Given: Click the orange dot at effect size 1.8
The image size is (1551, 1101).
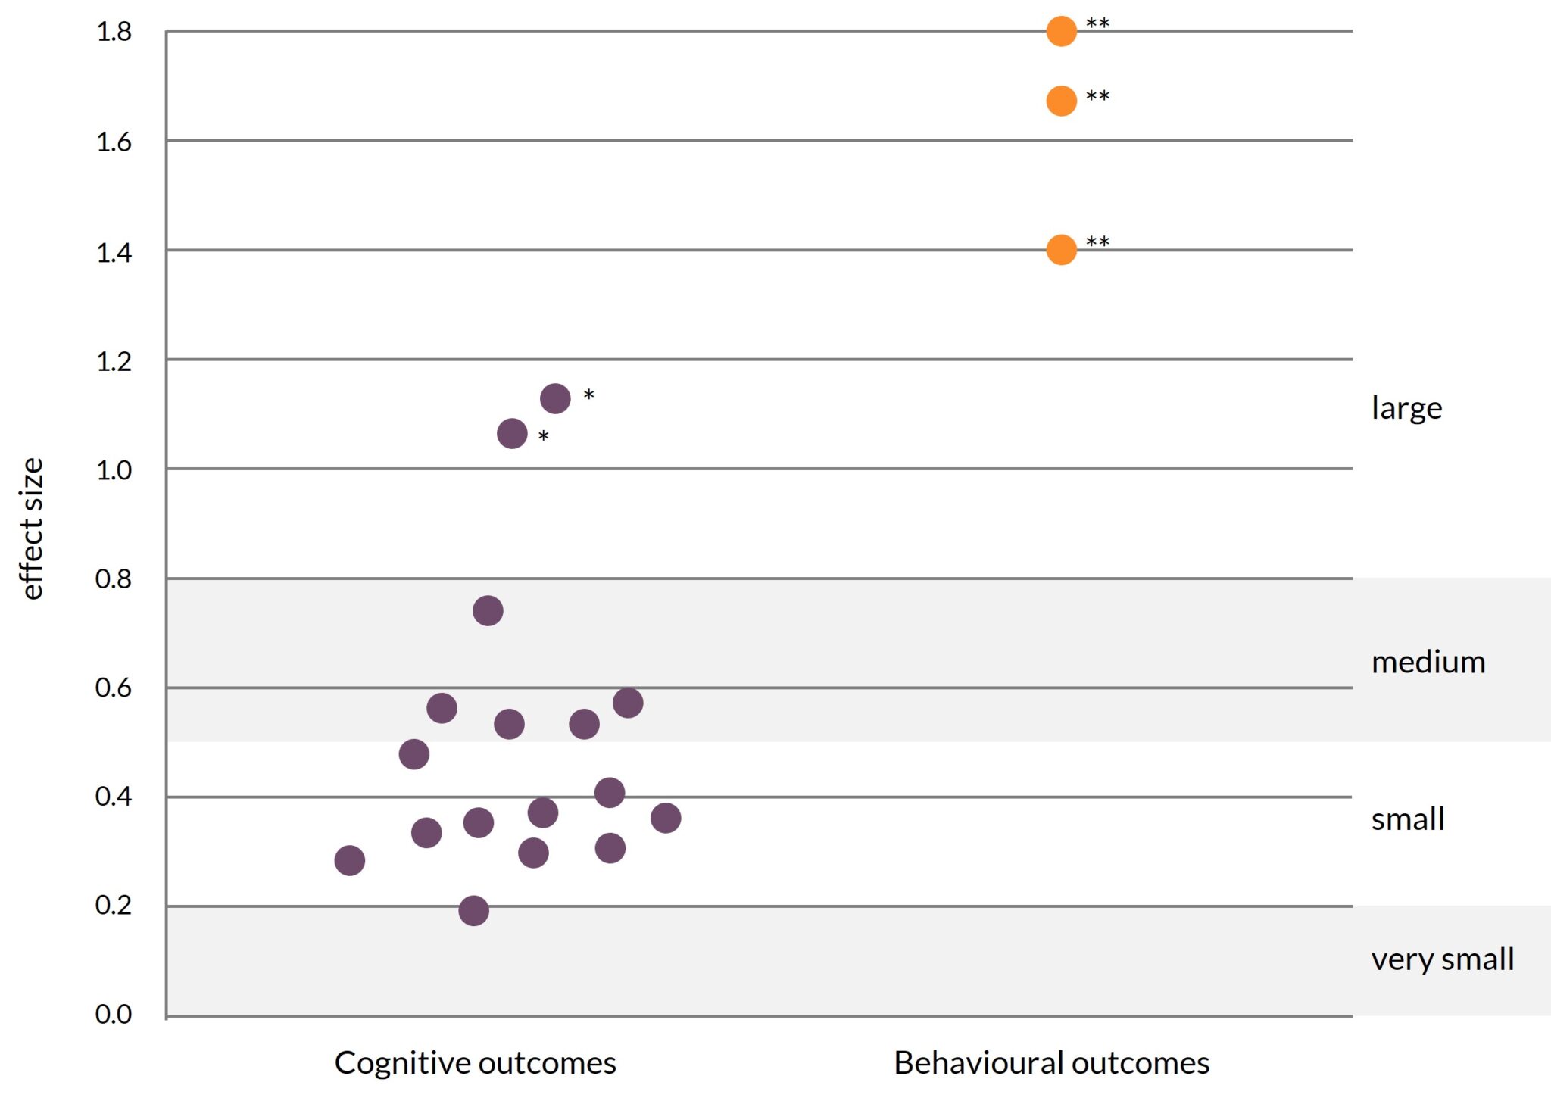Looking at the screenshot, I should coord(1061,31).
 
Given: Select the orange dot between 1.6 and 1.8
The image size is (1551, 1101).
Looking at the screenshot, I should coord(1061,101).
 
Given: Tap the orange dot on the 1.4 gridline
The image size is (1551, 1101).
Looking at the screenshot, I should coord(1061,250).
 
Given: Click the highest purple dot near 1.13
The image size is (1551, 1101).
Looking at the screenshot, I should coord(555,398).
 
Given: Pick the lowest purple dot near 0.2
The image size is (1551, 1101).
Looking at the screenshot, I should coord(473,910).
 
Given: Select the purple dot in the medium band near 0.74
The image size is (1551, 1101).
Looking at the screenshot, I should coord(488,610).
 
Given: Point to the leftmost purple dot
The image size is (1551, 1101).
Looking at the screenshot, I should coord(349,860).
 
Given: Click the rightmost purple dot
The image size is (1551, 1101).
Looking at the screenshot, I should coord(666,818).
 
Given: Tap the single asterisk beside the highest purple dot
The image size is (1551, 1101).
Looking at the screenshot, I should coord(588,395).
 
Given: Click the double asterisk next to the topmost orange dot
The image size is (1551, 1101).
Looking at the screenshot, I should coord(1097,24).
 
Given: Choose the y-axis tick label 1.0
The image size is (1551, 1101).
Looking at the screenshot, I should coord(114,470).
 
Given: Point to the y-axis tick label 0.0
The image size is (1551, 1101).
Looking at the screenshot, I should coord(114,1014).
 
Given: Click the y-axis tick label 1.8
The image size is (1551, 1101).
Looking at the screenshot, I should coord(114,33).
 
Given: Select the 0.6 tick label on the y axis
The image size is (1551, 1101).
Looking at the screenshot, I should coord(114,688).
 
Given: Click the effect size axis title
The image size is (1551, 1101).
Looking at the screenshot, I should coord(32,529).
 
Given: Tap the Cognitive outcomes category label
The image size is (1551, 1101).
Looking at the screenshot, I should coord(475,1063).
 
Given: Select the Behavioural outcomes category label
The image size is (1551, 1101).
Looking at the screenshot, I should coord(1051,1063).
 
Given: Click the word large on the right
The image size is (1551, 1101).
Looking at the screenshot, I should coord(1406,409).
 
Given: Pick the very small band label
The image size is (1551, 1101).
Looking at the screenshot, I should coord(1442,959).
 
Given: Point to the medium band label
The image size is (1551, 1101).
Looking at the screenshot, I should coord(1428,663).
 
